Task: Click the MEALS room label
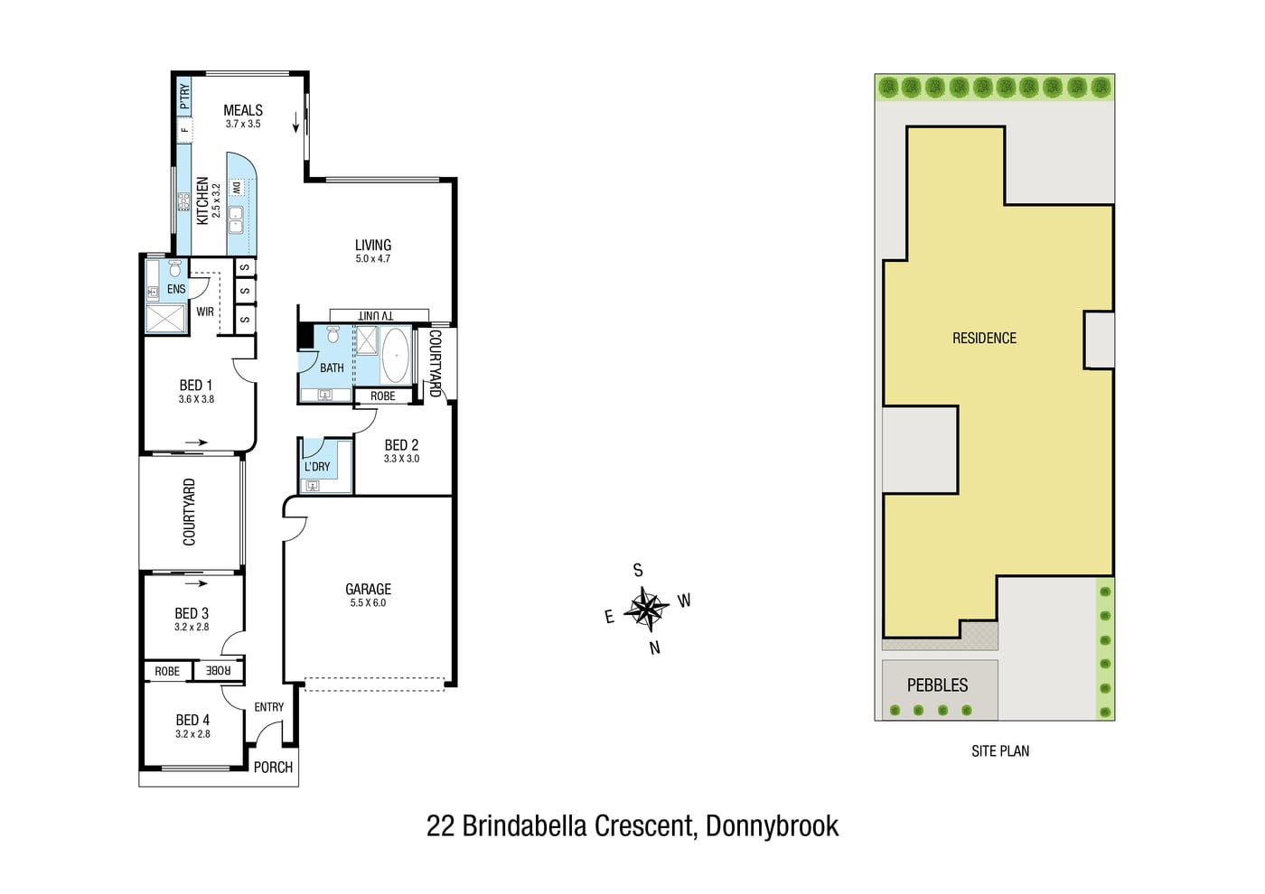point(243,110)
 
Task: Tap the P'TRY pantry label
point(184,97)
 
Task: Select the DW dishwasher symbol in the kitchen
point(237,189)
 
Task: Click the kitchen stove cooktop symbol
point(183,202)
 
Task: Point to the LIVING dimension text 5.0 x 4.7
point(372,258)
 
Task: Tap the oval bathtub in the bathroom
point(396,356)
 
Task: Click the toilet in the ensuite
point(175,268)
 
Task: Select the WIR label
point(205,312)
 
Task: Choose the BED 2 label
point(401,444)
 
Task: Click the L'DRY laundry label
point(317,467)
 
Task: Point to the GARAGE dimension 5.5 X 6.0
point(369,603)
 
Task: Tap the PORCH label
point(273,768)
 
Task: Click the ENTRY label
point(269,707)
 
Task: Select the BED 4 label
point(192,721)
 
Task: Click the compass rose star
point(647,609)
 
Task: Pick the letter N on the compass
point(654,648)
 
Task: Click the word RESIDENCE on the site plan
point(984,338)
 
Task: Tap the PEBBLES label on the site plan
point(938,685)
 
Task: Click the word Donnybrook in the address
point(772,825)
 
